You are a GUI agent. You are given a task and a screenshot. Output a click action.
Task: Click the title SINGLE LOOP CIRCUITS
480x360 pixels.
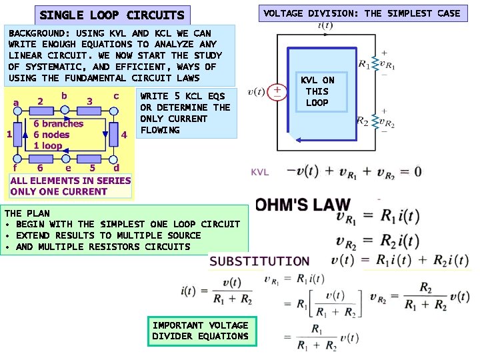(x=112, y=15)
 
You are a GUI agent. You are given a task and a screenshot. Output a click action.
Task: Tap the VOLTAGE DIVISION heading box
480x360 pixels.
(x=362, y=13)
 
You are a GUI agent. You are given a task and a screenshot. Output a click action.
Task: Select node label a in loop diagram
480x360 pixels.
(x=16, y=103)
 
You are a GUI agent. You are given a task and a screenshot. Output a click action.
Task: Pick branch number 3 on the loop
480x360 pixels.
(x=89, y=101)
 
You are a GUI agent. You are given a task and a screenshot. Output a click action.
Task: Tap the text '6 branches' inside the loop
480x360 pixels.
(x=59, y=123)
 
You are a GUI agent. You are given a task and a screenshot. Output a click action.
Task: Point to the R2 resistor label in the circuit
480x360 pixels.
(x=363, y=121)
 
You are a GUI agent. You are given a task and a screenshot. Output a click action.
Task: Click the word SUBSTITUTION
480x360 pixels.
(x=260, y=261)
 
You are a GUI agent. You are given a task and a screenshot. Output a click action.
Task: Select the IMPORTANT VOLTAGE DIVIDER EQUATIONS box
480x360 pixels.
(x=200, y=331)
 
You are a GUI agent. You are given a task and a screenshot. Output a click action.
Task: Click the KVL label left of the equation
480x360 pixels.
(x=259, y=172)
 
